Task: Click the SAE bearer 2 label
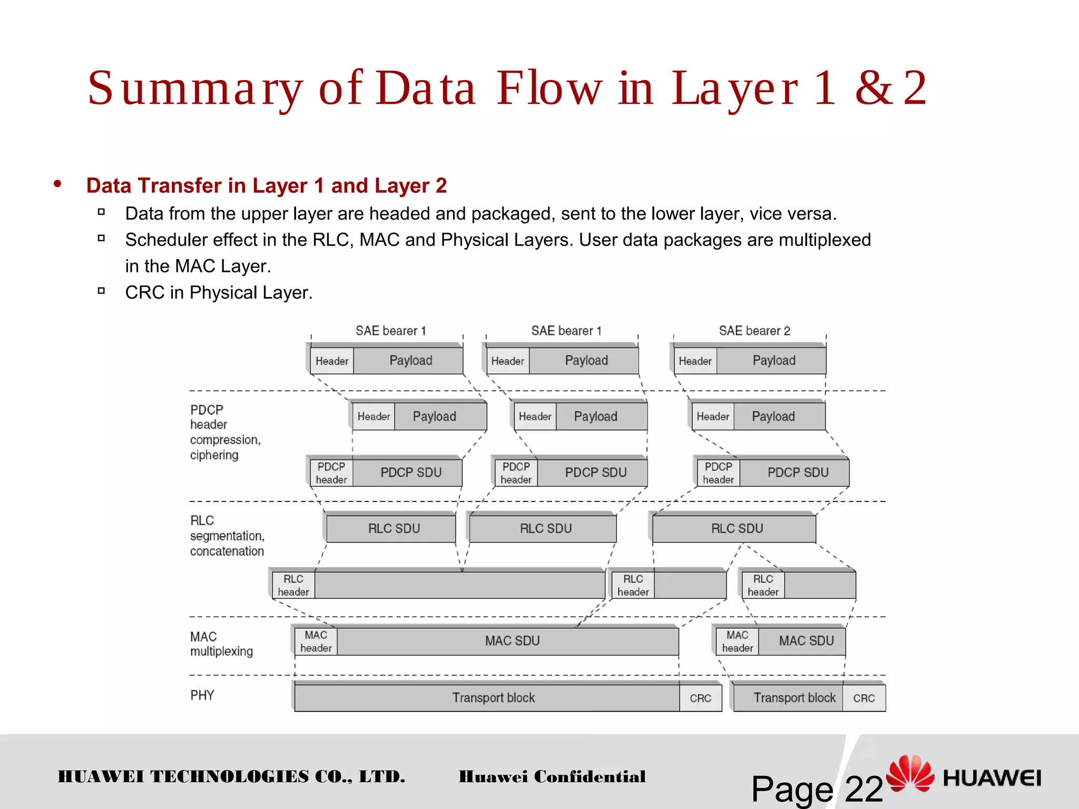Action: tap(754, 331)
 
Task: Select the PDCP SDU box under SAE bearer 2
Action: tap(797, 472)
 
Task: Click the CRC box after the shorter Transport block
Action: tap(864, 698)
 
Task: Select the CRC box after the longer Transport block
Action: tap(700, 698)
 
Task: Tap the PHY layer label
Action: tap(202, 695)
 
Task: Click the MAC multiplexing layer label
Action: tap(221, 644)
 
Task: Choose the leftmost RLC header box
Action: tap(293, 585)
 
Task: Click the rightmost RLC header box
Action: tap(763, 585)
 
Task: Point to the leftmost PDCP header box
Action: tap(331, 473)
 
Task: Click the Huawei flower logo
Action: tap(910, 773)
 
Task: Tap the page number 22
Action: tap(864, 789)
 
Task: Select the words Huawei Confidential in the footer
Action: tap(552, 776)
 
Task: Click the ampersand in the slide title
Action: tap(873, 88)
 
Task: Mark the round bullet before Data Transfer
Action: tap(57, 184)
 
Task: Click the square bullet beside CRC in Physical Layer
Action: tap(102, 291)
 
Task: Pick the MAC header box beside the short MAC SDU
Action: tap(737, 642)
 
